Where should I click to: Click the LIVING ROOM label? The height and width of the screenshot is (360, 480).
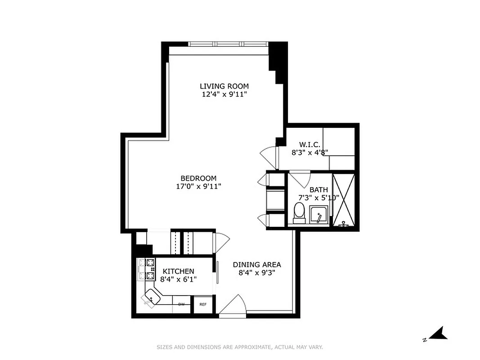point(224,86)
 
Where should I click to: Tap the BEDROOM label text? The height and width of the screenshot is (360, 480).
point(198,178)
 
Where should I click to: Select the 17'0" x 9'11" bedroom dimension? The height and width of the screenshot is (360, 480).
point(198,186)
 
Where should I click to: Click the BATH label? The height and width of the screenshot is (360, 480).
point(319,190)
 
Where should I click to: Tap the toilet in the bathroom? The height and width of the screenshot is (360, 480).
point(299,212)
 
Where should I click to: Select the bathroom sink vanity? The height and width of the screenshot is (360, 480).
point(319,215)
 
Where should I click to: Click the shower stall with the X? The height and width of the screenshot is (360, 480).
point(344,200)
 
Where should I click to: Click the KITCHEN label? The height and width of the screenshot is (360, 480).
point(178,271)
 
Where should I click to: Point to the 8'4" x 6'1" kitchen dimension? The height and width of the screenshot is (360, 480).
point(178,279)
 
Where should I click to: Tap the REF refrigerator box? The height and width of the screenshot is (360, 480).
point(203,304)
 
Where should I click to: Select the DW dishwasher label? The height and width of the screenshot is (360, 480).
point(181,305)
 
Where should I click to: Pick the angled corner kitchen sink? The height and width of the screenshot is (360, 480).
point(152,297)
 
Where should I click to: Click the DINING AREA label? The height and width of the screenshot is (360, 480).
point(257,265)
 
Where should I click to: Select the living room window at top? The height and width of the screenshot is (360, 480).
point(229,44)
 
